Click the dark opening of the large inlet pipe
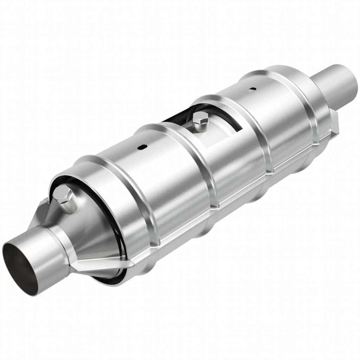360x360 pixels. (22, 266)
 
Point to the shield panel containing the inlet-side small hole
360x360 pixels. (148, 169)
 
